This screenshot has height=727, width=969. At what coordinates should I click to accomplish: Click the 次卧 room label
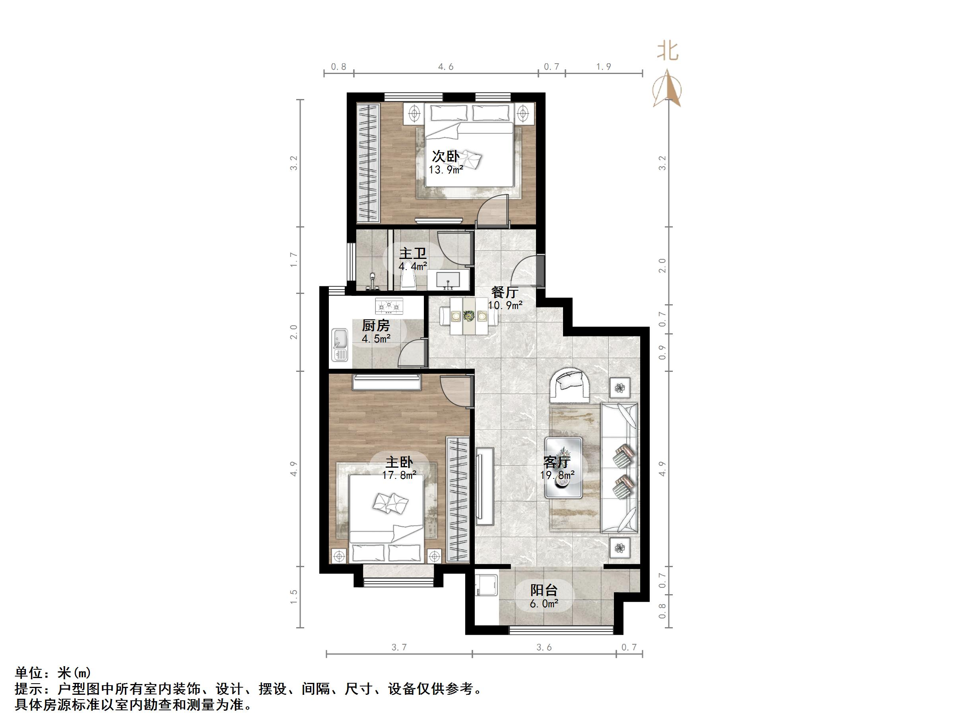445,156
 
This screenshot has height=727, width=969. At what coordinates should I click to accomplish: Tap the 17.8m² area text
399,475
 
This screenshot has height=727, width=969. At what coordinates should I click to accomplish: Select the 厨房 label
375,326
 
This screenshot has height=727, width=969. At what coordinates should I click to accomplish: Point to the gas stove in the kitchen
389,305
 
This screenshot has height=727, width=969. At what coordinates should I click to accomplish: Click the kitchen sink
340,345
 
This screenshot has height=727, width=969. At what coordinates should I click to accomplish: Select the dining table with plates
469,316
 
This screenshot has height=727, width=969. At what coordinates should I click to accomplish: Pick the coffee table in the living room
563,468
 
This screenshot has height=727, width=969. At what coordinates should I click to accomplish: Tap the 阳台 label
544,590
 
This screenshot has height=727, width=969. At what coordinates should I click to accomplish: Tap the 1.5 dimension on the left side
294,597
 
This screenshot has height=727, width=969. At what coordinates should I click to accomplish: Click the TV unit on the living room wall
484,486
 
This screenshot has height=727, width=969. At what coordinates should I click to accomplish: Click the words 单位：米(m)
52,673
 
